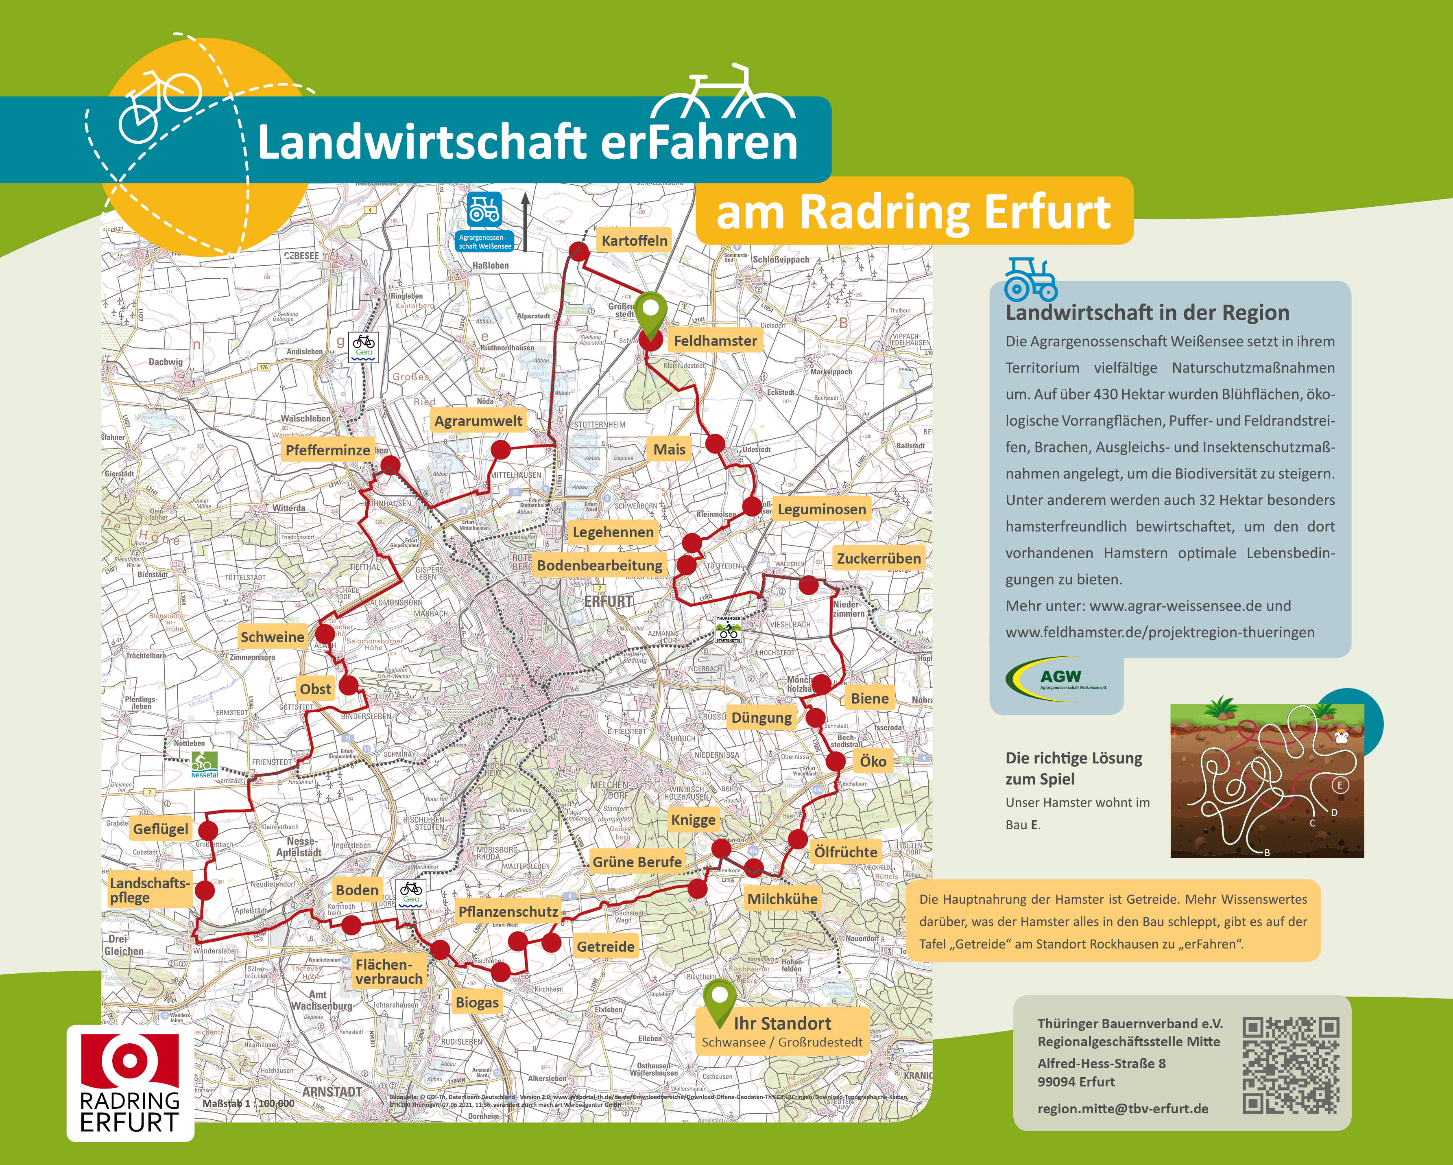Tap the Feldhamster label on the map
tap(715, 341)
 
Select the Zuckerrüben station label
tap(878, 558)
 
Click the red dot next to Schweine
tap(325, 634)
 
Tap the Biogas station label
tap(477, 1003)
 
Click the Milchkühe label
tap(782, 899)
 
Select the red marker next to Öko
tap(836, 761)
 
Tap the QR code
tap(1290, 1065)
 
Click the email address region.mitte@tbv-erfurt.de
tap(1123, 1108)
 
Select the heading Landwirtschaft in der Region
tap(1147, 313)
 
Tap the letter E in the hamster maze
tap(1340, 785)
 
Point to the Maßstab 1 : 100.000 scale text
tap(249, 1104)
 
